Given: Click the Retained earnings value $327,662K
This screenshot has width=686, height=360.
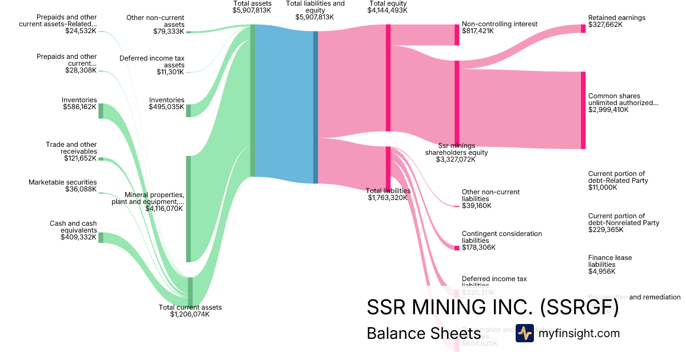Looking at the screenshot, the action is [x=609, y=25].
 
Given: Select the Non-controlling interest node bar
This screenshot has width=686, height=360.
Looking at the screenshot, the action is [x=457, y=35].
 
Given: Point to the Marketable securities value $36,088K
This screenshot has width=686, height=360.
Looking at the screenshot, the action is [x=81, y=189].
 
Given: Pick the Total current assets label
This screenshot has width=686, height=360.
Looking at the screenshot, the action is [x=190, y=307].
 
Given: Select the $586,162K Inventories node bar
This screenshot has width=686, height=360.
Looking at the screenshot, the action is [x=101, y=111].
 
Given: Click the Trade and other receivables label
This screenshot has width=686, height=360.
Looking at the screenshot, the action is [x=71, y=148].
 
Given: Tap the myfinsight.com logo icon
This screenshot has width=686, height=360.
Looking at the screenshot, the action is [x=524, y=333].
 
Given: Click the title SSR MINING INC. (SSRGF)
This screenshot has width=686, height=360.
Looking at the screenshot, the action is [x=492, y=307].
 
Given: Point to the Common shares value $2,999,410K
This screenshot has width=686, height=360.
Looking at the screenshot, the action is [x=608, y=110].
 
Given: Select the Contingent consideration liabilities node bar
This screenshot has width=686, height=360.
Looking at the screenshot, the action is [x=457, y=247].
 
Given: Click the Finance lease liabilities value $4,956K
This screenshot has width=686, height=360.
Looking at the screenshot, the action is [x=601, y=271].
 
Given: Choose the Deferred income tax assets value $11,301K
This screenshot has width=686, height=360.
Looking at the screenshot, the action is [x=170, y=72].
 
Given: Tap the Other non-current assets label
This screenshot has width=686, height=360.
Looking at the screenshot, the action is [x=155, y=21].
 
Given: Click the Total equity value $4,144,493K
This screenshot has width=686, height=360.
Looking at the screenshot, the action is [x=388, y=10].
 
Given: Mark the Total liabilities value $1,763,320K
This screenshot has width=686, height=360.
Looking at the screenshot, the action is [x=387, y=198].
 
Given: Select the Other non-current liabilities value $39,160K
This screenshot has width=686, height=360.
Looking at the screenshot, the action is [x=476, y=206].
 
